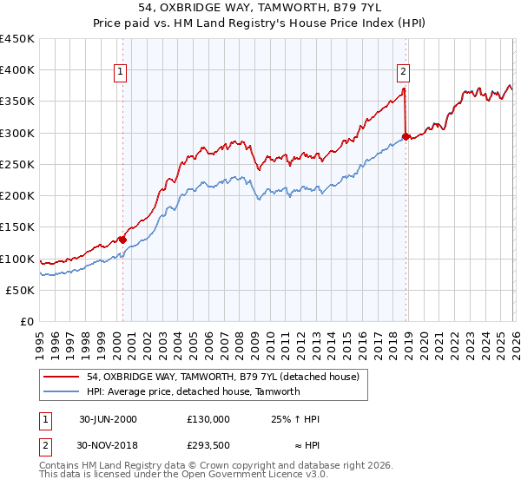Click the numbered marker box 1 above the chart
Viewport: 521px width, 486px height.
120,72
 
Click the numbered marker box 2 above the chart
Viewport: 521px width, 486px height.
404,72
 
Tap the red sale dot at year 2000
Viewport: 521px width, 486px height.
122,240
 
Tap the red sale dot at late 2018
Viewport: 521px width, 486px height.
406,137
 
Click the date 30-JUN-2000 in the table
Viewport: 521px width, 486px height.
109,418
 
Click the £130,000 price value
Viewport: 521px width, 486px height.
208,418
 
